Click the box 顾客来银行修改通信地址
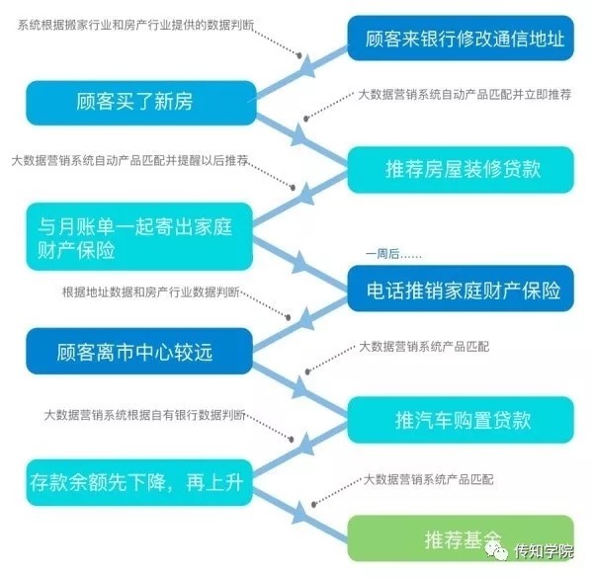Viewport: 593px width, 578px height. pyautogui.click(x=461, y=38)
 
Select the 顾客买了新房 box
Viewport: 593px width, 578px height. pyautogui.click(x=141, y=103)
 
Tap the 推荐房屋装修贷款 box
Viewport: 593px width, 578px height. pyautogui.click(x=461, y=169)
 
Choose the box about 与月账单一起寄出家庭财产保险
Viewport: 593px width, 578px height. pyautogui.click(x=139, y=237)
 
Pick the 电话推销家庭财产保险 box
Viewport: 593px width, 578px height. pyautogui.click(x=461, y=289)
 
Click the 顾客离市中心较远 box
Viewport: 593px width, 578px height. pyautogui.click(x=139, y=351)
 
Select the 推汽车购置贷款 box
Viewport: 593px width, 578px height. pyautogui.click(x=461, y=420)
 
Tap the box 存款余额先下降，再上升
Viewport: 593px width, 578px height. pyautogui.click(x=139, y=482)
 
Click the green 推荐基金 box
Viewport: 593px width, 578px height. pyautogui.click(x=461, y=538)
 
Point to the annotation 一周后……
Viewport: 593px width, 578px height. pyautogui.click(x=393, y=254)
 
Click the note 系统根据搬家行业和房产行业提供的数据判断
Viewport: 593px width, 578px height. pyautogui.click(x=135, y=26)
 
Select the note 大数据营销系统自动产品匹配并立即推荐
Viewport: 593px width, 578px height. pyautogui.click(x=465, y=95)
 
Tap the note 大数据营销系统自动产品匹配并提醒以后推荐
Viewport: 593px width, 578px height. pyautogui.click(x=130, y=161)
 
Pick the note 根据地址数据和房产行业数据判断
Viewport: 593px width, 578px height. pyautogui.click(x=151, y=291)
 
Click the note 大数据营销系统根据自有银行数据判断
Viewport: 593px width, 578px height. pyautogui.click(x=145, y=415)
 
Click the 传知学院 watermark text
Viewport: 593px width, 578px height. pyautogui.click(x=544, y=551)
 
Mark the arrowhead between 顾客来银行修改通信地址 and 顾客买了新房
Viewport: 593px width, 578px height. pyautogui.click(x=307, y=67)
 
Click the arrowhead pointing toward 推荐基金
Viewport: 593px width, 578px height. pyautogui.click(x=300, y=513)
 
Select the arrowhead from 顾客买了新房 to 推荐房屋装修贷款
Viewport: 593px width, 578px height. pyautogui.click(x=299, y=135)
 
